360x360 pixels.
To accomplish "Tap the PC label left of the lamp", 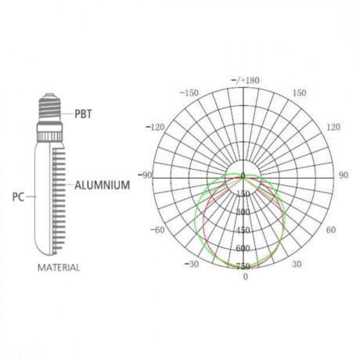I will pyautogui.click(x=19, y=199).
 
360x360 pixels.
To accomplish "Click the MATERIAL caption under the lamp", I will pyautogui.click(x=59, y=267).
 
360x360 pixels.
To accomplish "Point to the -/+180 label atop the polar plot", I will pyautogui.click(x=244, y=81).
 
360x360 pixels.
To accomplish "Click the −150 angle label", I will pyautogui.click(x=189, y=93).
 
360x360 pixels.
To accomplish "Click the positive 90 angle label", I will pyautogui.click(x=343, y=176).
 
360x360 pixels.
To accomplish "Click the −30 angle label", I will pyautogui.click(x=190, y=264).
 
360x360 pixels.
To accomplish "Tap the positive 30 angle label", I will pyautogui.click(x=296, y=264).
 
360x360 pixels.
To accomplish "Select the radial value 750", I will pyautogui.click(x=243, y=266).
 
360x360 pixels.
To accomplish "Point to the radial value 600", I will pyautogui.click(x=243, y=248).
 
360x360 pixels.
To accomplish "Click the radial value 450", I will pyautogui.click(x=243, y=230).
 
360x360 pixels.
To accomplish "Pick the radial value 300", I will pyautogui.click(x=243, y=212).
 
